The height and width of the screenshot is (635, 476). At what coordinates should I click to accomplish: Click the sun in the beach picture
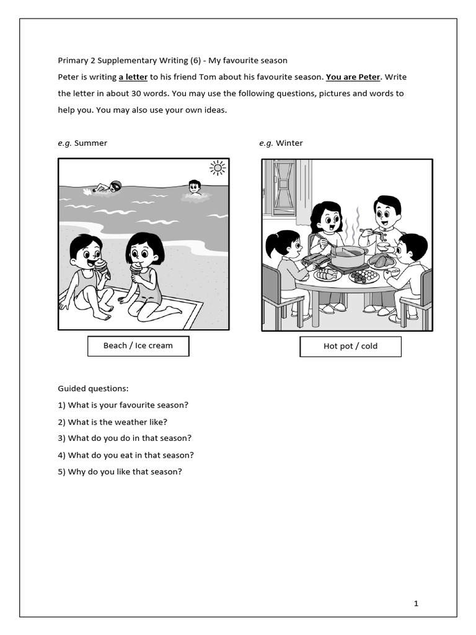[218, 167]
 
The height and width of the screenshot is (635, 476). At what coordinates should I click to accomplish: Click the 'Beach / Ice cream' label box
[138, 345]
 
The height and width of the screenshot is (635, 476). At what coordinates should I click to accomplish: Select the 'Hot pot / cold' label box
[350, 346]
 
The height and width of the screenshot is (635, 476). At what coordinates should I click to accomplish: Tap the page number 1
[416, 603]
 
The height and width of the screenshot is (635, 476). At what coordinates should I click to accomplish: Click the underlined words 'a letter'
[133, 77]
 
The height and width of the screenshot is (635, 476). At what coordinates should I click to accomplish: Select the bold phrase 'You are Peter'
[353, 77]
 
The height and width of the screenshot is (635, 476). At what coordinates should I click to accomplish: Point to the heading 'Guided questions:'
[93, 388]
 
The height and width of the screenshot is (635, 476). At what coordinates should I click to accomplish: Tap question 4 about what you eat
[126, 455]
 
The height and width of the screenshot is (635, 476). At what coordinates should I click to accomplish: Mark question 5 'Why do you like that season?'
[120, 471]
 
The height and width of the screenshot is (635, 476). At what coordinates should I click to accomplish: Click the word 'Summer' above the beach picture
[90, 143]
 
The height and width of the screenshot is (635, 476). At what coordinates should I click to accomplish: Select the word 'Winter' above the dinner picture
[289, 143]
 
